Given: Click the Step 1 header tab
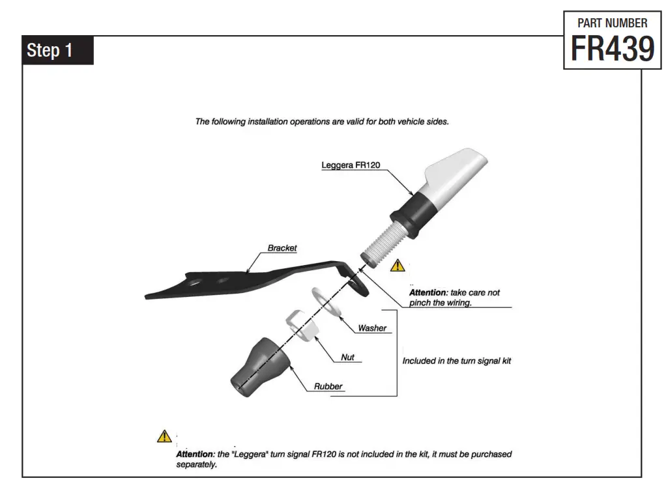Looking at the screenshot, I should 58,51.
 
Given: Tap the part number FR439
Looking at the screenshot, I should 612,48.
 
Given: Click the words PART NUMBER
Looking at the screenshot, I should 613,23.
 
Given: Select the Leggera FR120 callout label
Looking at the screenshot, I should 351,165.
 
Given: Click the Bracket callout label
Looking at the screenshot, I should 282,248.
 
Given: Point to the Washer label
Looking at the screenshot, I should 371,328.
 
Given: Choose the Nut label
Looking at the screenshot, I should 348,357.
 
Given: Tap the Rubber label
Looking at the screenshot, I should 328,386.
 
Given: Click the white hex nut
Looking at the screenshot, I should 302,323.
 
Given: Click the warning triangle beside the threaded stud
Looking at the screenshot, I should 398,265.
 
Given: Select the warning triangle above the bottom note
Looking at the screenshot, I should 164,436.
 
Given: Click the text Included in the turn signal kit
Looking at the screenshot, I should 456,360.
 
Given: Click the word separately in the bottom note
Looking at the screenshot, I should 196,465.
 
